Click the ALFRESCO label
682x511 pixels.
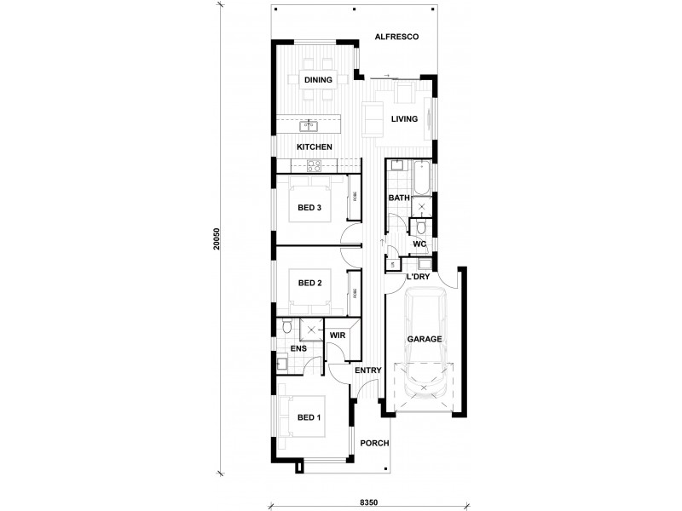pos(395,37)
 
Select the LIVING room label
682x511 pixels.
pos(404,119)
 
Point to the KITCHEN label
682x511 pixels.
pos(314,147)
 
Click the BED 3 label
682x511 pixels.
pos(308,207)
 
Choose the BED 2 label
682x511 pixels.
pos(308,283)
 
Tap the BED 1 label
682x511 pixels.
pos(308,417)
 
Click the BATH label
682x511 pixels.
pos(398,198)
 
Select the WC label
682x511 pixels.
pos(419,244)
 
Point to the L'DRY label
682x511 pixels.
pos(417,278)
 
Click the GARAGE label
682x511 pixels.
pos(424,339)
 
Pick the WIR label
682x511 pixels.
pos(338,336)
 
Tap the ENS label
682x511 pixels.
pos(298,348)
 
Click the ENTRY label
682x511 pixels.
pos(367,370)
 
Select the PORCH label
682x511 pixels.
pos(374,443)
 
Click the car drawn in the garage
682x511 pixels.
pos(424,345)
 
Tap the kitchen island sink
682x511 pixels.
pos(309,126)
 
